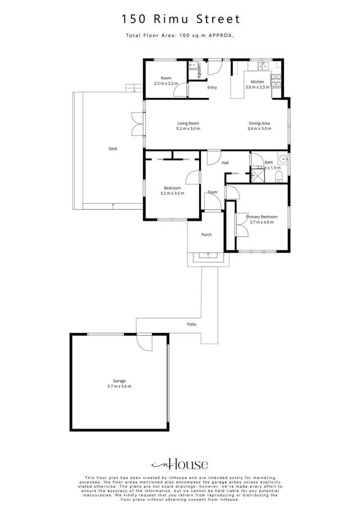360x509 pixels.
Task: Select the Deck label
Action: click(113, 149)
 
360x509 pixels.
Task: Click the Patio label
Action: click(192, 325)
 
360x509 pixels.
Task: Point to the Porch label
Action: click(206, 235)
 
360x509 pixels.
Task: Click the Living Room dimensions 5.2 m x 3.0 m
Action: click(188, 129)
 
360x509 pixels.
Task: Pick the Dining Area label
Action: click(259, 123)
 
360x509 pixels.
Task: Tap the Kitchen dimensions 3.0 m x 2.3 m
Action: click(258, 87)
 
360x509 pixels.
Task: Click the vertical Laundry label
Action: click(199, 71)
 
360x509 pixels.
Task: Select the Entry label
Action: click(212, 88)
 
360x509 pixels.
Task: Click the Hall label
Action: click(225, 163)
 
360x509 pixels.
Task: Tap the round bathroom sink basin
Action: click(284, 159)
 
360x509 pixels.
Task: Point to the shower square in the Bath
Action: click(258, 176)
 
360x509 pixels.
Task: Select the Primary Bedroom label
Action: click(262, 217)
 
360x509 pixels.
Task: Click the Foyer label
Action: click(213, 192)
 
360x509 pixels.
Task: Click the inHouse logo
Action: click(180, 464)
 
